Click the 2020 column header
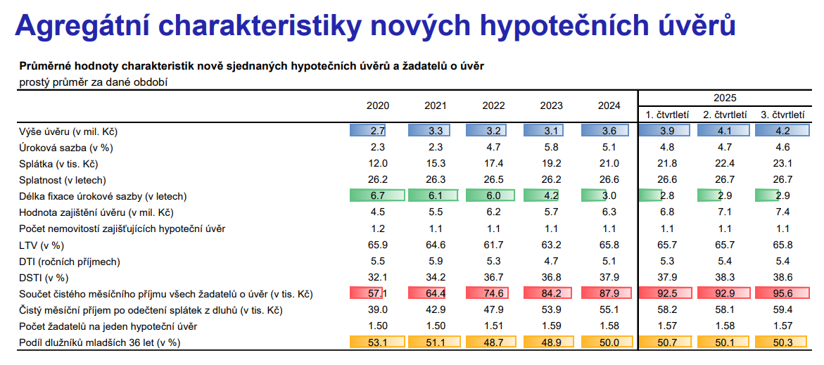tap(378, 105)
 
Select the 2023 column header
tap(551, 105)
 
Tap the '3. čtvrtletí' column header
tap(782, 115)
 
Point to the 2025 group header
tap(724, 98)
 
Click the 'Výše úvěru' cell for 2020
tap(378, 131)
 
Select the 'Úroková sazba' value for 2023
tap(551, 148)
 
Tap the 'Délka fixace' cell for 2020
tap(378, 196)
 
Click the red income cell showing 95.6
tap(782, 293)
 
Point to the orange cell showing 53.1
tap(378, 342)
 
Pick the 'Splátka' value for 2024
tap(609, 163)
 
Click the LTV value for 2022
tap(493, 245)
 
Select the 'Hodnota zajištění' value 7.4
tap(782, 212)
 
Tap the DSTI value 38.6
tap(782, 277)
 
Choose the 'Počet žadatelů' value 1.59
tap(551, 326)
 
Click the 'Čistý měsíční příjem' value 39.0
tap(378, 309)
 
